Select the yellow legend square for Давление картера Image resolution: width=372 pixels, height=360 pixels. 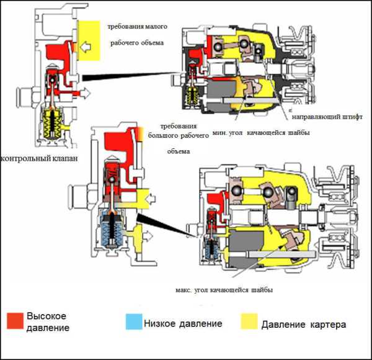point(249,322)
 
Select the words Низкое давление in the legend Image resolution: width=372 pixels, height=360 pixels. point(183,323)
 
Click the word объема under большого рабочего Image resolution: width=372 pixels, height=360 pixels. point(179,151)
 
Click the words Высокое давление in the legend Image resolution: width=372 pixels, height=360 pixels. point(46,322)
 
